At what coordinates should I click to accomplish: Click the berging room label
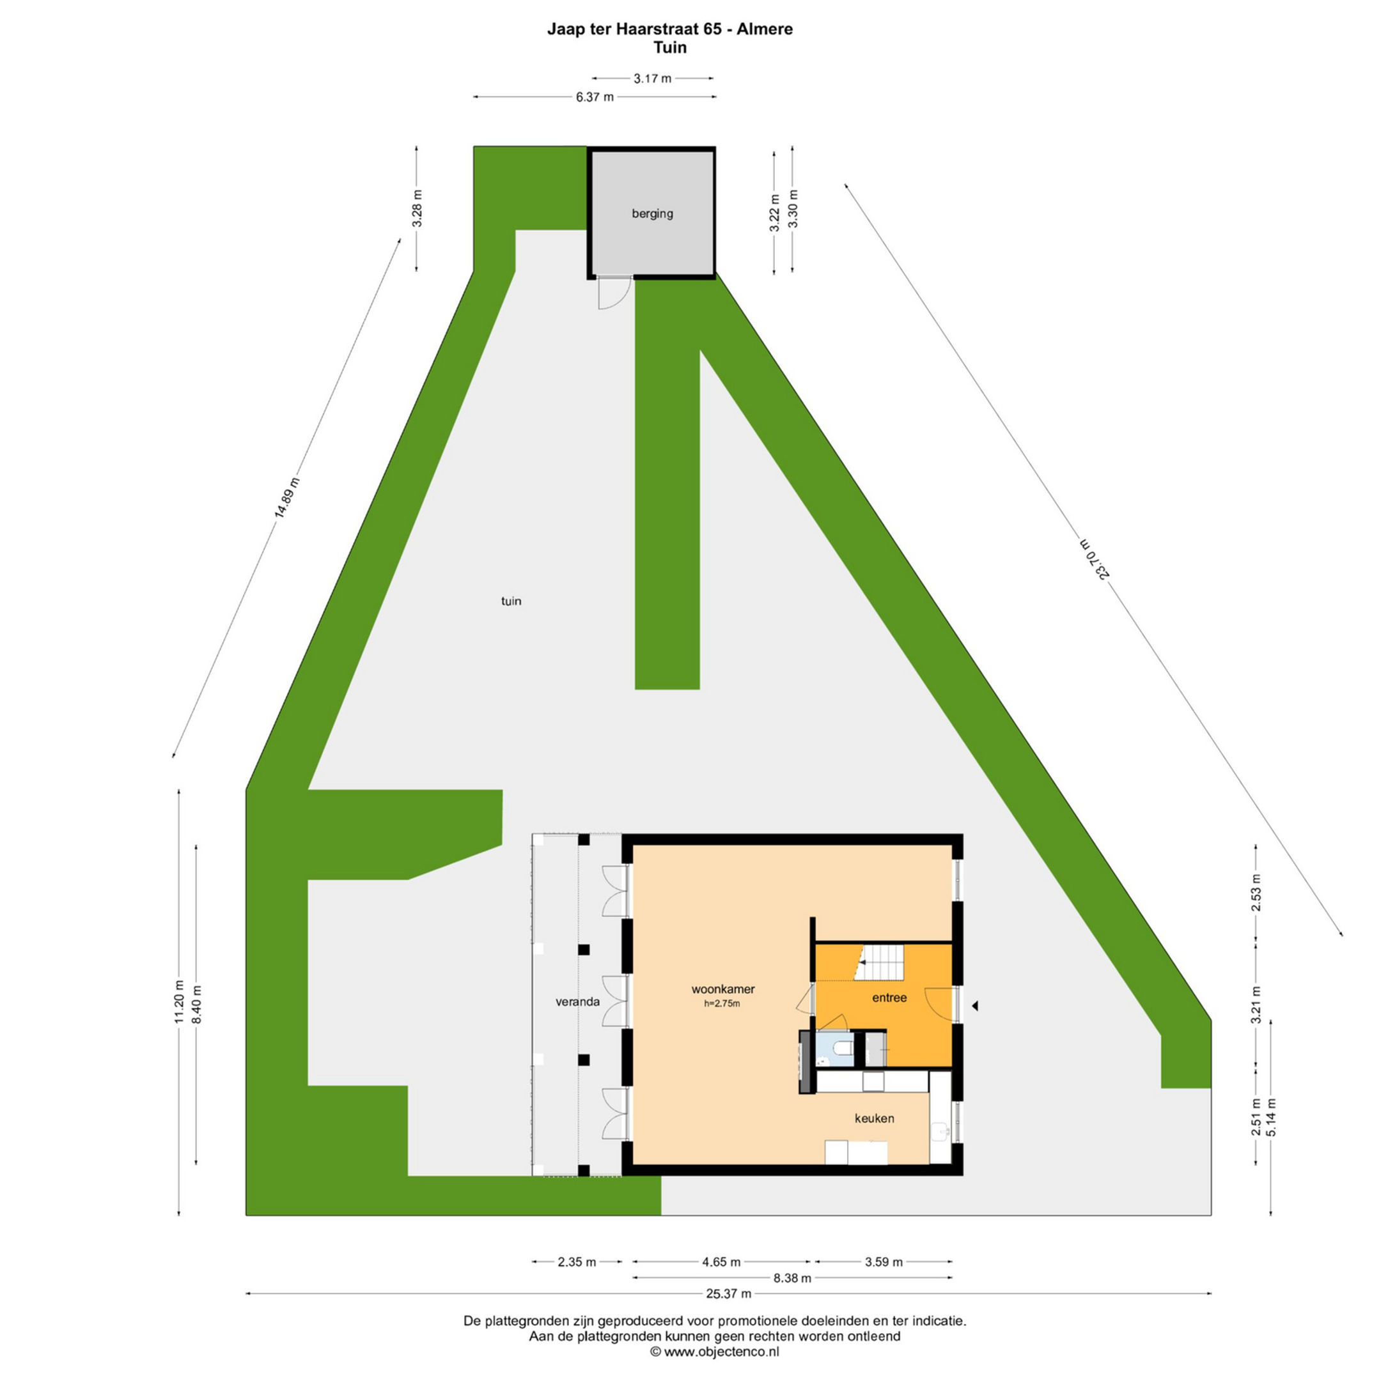(x=651, y=213)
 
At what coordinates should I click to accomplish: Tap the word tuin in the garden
(x=511, y=601)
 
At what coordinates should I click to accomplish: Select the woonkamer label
(x=722, y=989)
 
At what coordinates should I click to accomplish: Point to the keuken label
(x=874, y=1118)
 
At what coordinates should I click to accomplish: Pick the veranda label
(x=577, y=1001)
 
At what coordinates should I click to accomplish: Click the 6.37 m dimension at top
(x=595, y=97)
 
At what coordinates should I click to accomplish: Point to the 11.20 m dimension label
(x=180, y=1002)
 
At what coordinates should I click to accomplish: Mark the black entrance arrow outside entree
(x=974, y=1006)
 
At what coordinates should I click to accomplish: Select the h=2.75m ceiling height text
(x=722, y=1003)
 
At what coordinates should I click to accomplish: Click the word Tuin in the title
(x=669, y=47)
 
